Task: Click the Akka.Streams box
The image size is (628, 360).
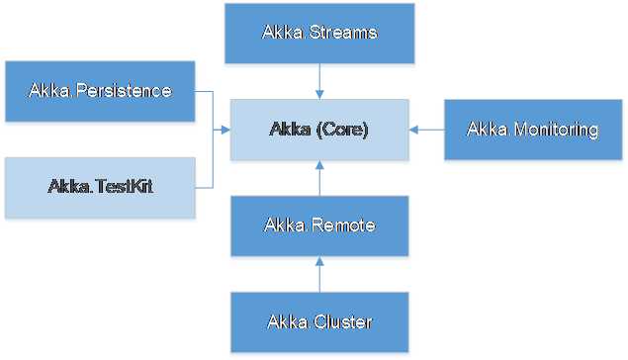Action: point(318,33)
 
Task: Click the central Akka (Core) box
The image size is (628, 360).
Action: point(318,130)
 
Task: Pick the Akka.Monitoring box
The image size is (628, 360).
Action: point(533,130)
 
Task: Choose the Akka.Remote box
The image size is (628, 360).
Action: point(318,225)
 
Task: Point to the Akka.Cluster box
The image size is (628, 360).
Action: point(318,321)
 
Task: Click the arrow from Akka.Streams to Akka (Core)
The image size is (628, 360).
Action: point(318,79)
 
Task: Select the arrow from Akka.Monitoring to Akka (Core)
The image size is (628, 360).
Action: point(427,130)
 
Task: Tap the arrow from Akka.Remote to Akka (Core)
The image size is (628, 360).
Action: point(318,178)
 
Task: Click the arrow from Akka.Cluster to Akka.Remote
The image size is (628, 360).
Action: point(318,274)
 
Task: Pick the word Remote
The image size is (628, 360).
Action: point(342,225)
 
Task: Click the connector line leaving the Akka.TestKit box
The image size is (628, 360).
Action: point(204,186)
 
